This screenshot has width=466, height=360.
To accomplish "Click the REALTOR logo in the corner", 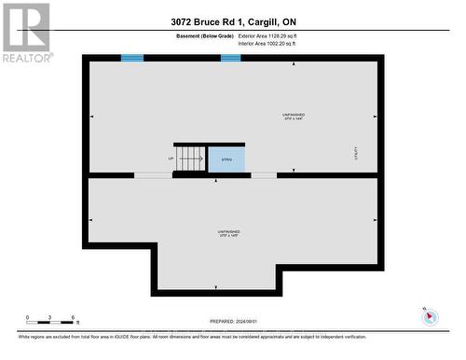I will tap(25, 33).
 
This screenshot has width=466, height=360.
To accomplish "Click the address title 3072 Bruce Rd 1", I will tap(233, 21).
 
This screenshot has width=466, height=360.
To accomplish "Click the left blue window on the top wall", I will tap(132, 58).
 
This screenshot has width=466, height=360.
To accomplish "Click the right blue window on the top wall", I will tap(231, 58).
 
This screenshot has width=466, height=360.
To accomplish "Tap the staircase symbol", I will tap(191, 159).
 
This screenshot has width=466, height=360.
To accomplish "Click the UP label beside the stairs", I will tap(171, 159).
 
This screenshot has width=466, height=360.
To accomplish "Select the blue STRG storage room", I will tap(226, 159).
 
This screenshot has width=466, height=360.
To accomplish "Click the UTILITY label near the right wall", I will tap(355, 151).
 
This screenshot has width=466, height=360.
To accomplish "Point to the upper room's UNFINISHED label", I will tap(294, 117).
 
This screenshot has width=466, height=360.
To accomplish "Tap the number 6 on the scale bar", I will tap(73, 318).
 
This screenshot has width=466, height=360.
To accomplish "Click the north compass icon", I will tap(430, 316).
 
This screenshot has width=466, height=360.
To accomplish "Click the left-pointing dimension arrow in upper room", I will tap(92, 117).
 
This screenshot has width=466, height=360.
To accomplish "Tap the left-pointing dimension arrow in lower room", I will tap(92, 220).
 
